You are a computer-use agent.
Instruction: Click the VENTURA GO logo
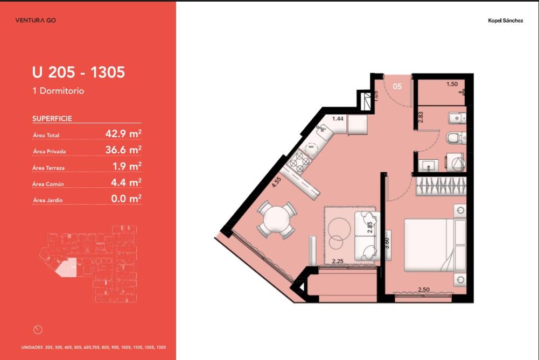pos(36,20)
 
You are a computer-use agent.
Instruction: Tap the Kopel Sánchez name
pos(505,20)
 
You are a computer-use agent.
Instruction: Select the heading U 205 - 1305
pos(79,72)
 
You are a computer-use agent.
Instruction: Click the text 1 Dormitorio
pos(58,91)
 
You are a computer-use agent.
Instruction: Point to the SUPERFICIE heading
pos(52,118)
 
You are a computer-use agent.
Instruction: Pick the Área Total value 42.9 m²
pos(123,133)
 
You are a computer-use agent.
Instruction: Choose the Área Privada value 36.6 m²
pos(123,150)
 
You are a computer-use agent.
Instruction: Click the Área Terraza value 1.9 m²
pos(127,166)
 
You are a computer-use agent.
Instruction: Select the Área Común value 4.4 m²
pos(126,182)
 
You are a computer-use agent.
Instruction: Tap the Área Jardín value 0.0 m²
pos(126,198)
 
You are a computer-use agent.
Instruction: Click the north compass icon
pos(38,330)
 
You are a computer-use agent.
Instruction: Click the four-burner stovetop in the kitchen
pos(298,161)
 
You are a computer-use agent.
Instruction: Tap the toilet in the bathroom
pos(456,138)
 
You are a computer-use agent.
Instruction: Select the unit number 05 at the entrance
pos(397,86)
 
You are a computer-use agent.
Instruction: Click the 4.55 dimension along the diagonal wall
pos(276,182)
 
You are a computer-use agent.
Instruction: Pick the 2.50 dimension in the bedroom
pos(423,290)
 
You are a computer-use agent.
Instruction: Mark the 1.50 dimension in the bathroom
pos(452,84)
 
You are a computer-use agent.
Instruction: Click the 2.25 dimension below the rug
pos(338,261)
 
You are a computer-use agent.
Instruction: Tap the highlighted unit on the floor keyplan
pos(67,267)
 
